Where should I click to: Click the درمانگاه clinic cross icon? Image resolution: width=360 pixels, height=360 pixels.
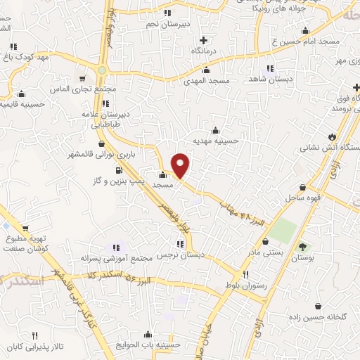click(203, 39)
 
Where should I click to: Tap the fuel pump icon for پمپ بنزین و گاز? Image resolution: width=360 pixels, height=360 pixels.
click(117, 169)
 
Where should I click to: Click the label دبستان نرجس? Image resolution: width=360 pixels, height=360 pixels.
click(181, 256)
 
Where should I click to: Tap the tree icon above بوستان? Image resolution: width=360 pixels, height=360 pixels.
click(303, 246)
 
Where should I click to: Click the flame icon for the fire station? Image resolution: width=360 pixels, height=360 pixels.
click(331, 136)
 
